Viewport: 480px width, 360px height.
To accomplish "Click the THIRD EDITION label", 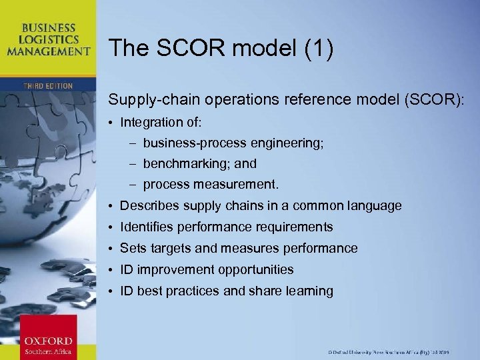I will (48, 86).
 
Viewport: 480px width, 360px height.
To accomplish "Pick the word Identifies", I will (145, 227).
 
